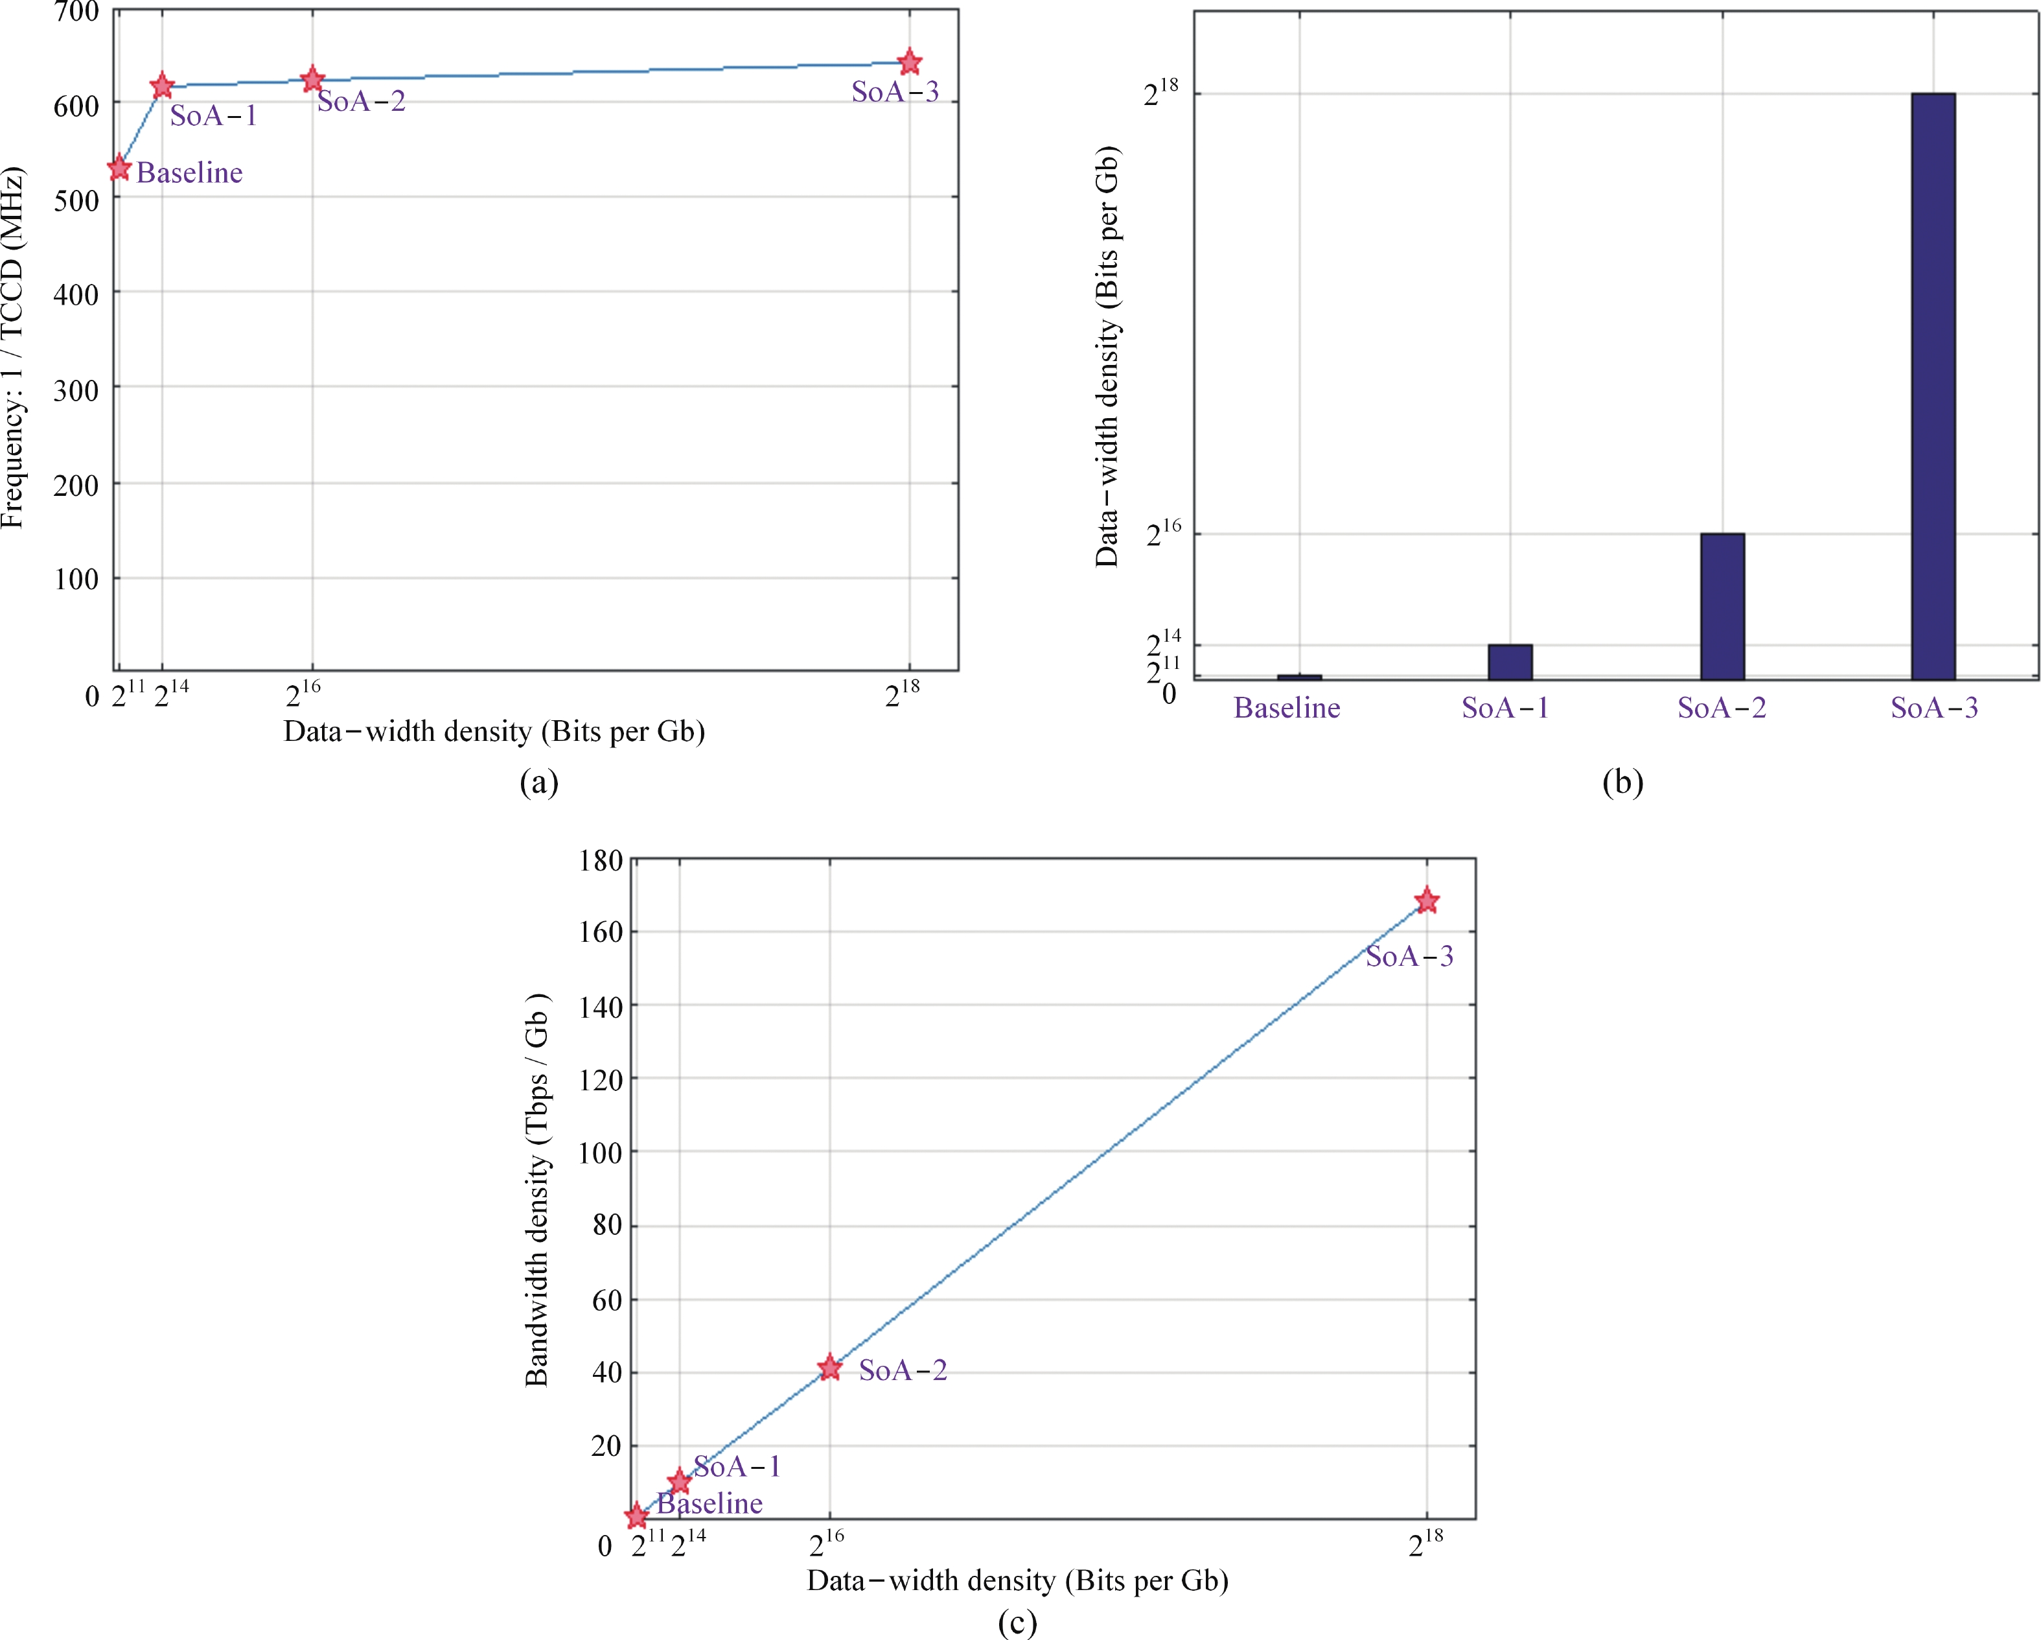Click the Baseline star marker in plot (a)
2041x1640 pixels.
click(x=119, y=169)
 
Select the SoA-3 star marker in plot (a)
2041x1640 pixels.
click(x=909, y=62)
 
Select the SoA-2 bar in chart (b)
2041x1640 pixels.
click(x=1722, y=606)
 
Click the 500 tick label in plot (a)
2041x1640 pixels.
click(x=76, y=201)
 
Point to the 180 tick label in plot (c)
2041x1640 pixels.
click(x=600, y=861)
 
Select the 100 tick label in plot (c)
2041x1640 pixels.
click(x=600, y=1153)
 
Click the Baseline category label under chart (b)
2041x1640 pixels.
click(x=1287, y=709)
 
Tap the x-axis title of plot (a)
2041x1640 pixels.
click(x=494, y=732)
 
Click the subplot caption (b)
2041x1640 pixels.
click(x=1622, y=782)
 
